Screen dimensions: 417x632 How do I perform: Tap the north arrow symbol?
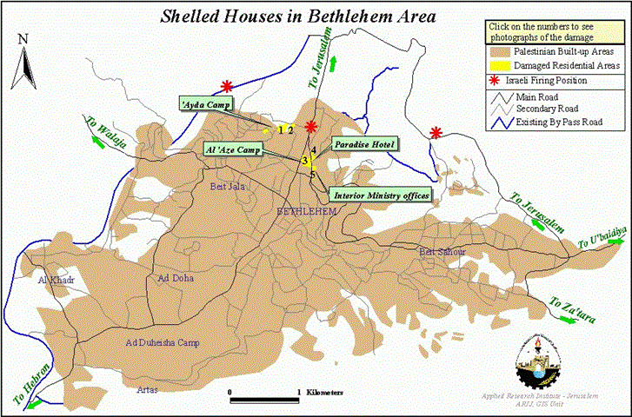tap(25, 61)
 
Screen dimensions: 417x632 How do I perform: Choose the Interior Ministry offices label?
tap(381, 196)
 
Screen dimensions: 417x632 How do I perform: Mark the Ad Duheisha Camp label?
tap(163, 343)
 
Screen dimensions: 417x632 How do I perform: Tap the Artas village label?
tap(147, 389)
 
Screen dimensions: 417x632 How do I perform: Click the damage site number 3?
tap(305, 162)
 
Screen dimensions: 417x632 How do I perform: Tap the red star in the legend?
tap(496, 81)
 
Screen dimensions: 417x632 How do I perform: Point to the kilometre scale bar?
tap(264, 397)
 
